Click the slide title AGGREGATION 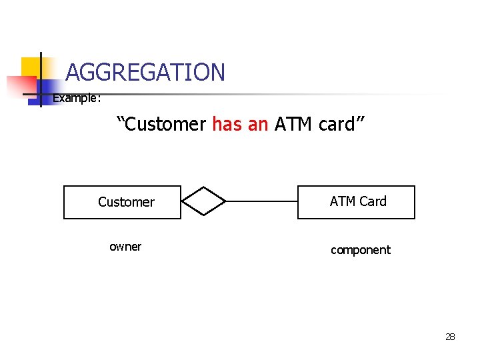click(x=145, y=72)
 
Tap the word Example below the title click(x=76, y=99)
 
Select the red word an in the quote click(x=257, y=124)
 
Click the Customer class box click(x=122, y=202)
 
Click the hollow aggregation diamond click(x=205, y=201)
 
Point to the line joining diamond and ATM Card click(x=261, y=201)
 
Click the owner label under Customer click(x=125, y=247)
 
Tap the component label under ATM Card click(x=361, y=250)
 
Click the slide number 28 click(x=450, y=337)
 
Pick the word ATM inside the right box click(x=342, y=201)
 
